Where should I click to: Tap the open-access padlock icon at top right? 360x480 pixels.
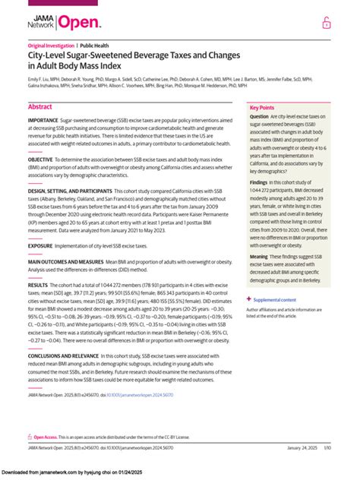325,24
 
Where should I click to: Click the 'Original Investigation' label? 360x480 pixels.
50,46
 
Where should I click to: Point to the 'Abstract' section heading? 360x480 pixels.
40,108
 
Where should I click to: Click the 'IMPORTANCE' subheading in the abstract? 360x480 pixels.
43,121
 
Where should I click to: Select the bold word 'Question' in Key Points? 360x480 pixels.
260,117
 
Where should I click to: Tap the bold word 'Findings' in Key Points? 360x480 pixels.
260,183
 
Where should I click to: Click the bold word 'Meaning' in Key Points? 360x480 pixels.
260,257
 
